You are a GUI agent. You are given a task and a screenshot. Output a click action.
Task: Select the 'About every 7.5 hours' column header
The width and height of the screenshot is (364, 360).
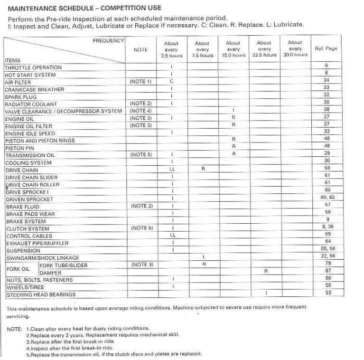click(x=202, y=49)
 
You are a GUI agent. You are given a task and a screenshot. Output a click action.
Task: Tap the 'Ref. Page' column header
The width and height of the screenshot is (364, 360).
click(x=326, y=49)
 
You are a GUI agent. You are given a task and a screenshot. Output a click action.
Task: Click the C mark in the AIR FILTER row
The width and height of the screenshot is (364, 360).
click(x=171, y=82)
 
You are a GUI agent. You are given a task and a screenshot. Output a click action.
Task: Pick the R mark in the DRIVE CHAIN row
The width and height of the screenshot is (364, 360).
click(x=203, y=170)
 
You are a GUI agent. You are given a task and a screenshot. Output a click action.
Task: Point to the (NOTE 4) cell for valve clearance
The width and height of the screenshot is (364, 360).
click(x=140, y=111)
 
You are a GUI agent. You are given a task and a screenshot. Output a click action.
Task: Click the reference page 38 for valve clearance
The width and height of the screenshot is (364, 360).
click(x=327, y=109)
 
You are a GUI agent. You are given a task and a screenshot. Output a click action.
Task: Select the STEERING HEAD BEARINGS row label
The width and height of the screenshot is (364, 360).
click(x=41, y=295)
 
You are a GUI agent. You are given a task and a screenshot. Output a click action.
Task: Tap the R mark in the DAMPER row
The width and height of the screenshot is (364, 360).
click(x=265, y=271)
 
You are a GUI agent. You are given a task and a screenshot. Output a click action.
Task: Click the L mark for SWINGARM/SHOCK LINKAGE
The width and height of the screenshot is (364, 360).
click(x=203, y=257)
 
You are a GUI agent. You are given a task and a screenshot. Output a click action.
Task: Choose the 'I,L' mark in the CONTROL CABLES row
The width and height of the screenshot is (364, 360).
click(x=173, y=235)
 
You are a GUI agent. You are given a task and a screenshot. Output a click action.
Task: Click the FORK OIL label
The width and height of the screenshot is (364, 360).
click(x=19, y=269)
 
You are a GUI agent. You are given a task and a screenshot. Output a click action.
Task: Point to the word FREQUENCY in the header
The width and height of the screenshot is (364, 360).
click(x=108, y=41)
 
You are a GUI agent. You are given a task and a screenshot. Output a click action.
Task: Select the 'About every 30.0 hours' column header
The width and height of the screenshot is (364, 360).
click(x=295, y=48)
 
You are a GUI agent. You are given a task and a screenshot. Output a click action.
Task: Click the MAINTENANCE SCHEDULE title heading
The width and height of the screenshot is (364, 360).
click(x=84, y=8)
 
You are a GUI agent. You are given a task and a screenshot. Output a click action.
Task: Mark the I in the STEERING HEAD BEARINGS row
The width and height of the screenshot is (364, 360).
click(x=265, y=293)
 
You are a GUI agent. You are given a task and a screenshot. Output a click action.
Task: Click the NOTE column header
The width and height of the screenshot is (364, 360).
click(x=140, y=50)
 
